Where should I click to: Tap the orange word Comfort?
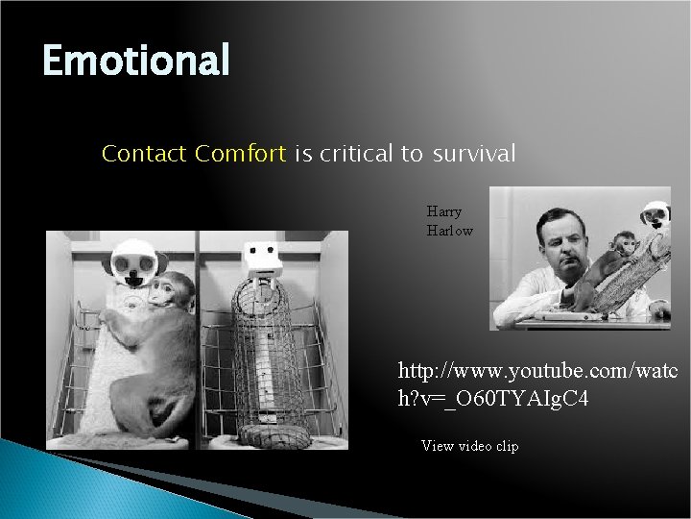point(240,154)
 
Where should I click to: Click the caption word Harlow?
point(450,231)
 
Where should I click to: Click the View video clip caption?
point(470,446)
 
